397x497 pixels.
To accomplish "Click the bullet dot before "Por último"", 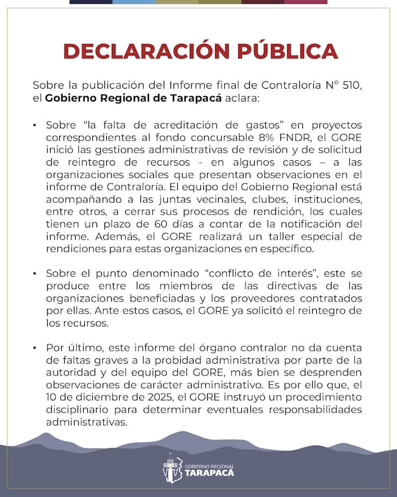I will click(x=35, y=348).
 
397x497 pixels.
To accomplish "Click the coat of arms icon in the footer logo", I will click(x=172, y=469).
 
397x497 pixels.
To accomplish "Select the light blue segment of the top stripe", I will click(x=134, y=2).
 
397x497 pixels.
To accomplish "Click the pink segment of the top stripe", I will click(x=305, y=2).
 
